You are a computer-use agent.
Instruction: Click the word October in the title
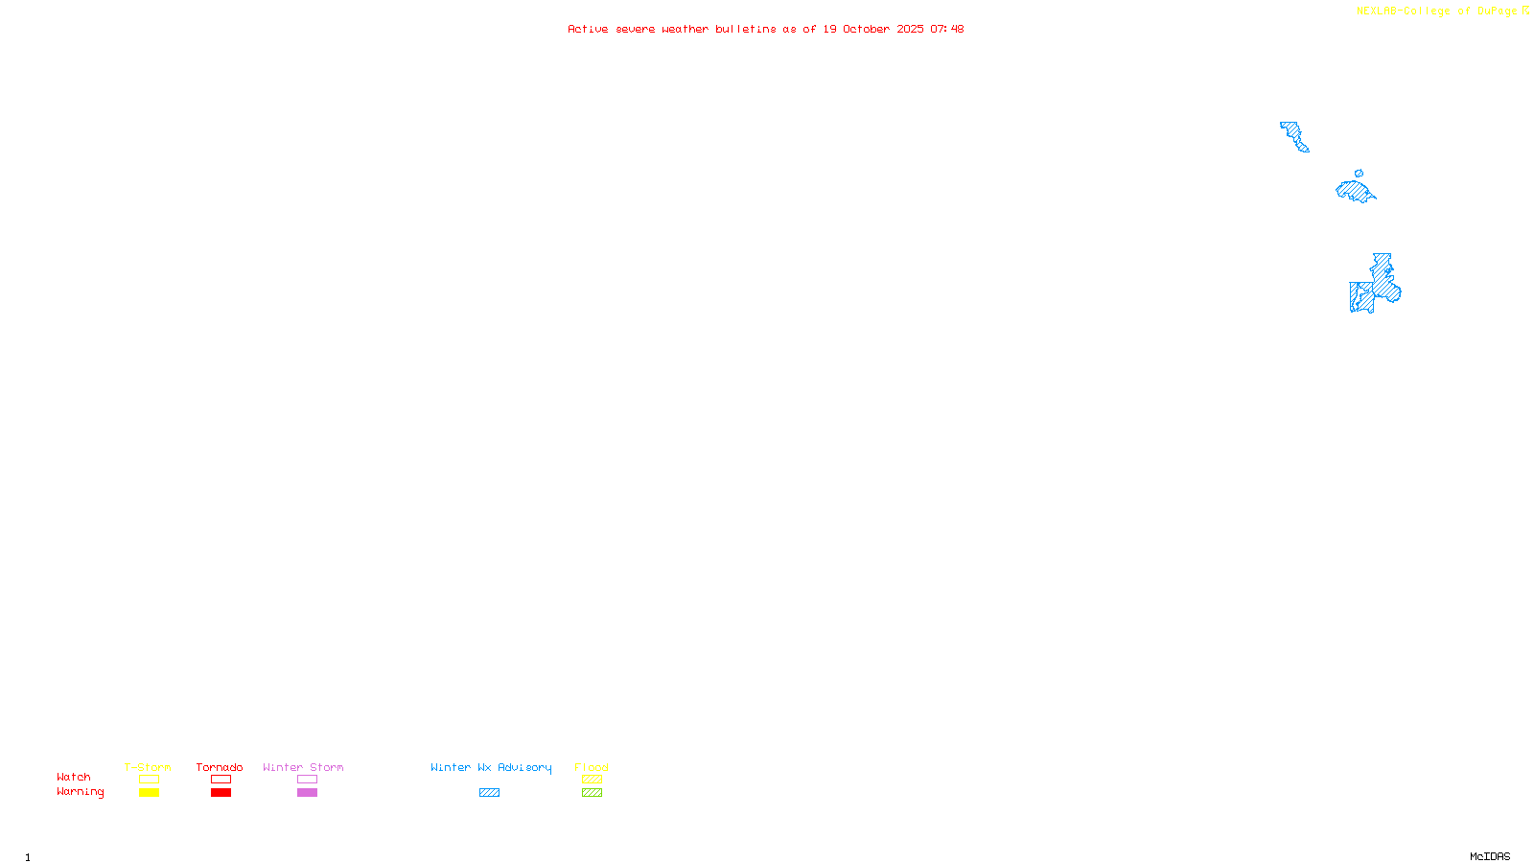[x=866, y=29]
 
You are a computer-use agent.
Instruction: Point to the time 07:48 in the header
[x=946, y=29]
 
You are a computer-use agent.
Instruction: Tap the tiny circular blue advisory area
[x=1359, y=174]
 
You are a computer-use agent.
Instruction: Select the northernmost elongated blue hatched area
[x=1294, y=136]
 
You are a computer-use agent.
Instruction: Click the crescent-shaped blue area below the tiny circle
[x=1355, y=191]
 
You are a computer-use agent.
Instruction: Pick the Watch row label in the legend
[x=74, y=777]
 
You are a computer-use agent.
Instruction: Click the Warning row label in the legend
[x=80, y=792]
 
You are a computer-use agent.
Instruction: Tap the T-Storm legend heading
[x=148, y=767]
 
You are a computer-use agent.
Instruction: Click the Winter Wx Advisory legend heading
[x=491, y=767]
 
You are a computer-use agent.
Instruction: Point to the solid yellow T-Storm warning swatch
[x=149, y=792]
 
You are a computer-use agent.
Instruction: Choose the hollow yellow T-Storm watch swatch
[x=149, y=780]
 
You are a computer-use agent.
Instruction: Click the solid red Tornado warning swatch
[x=221, y=792]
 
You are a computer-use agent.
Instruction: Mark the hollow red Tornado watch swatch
[x=221, y=780]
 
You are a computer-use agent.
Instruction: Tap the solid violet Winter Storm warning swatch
[x=307, y=792]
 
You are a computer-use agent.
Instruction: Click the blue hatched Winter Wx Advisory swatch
[x=489, y=792]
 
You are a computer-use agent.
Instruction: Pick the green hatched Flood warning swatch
[x=592, y=792]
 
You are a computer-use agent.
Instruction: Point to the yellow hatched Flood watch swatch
[x=592, y=780]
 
